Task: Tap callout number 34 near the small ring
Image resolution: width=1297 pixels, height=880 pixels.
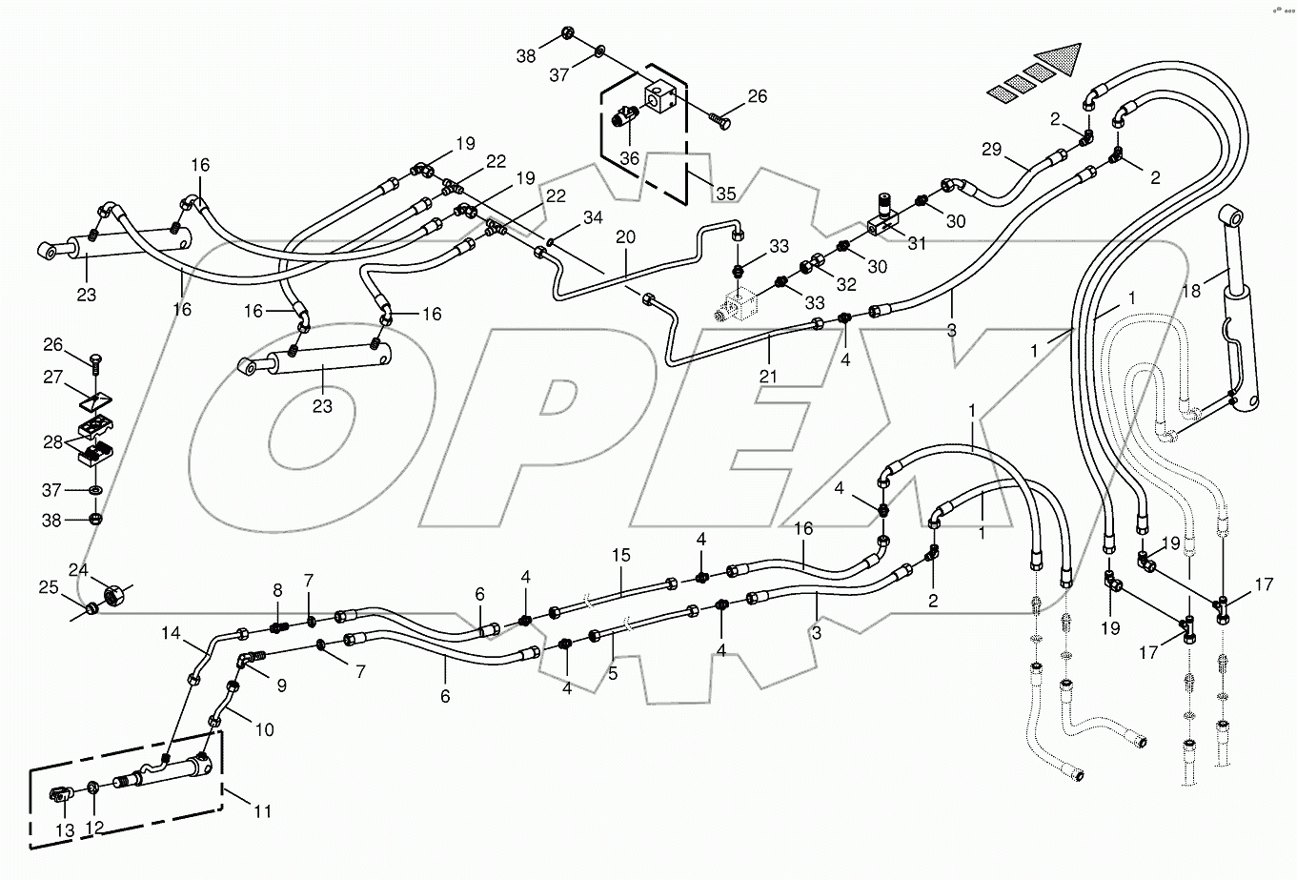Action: pos(593,219)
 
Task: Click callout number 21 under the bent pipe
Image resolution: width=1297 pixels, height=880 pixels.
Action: pos(768,376)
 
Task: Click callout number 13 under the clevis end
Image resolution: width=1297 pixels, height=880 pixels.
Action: pos(64,831)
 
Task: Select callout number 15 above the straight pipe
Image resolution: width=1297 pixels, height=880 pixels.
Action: pos(621,555)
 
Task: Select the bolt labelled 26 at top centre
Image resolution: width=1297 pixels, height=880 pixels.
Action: pos(720,122)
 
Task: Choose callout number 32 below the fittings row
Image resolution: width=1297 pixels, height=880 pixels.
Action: pos(845,284)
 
